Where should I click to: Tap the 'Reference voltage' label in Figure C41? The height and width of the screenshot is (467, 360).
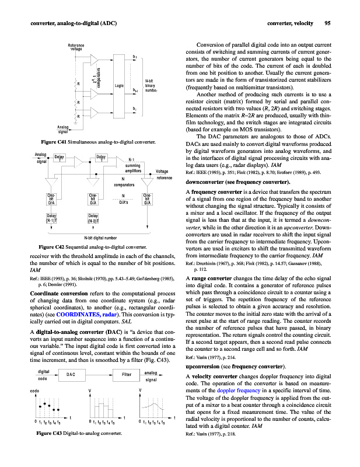[x=76, y=47]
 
